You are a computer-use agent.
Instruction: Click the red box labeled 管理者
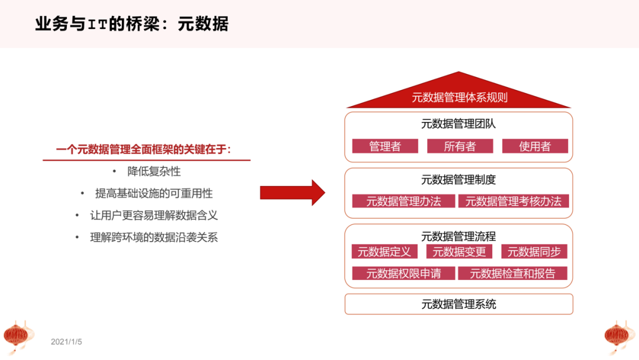[x=385, y=146]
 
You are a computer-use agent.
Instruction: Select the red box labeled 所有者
[x=460, y=146]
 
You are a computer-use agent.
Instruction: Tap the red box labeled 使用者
[x=535, y=146]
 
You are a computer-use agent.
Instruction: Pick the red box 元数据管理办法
[x=404, y=201]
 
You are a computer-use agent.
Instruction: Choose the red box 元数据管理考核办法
[x=513, y=201]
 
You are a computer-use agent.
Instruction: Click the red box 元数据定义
[x=384, y=252]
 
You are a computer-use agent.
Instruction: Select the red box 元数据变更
[x=459, y=252]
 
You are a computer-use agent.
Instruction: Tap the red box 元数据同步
[x=534, y=252]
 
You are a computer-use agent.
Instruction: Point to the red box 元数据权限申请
[x=404, y=274]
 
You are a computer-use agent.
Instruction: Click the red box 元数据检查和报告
[x=513, y=274]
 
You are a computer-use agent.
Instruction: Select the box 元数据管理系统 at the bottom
[x=459, y=304]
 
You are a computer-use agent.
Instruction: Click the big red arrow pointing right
[x=292, y=192]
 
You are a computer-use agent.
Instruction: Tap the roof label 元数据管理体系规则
[x=460, y=98]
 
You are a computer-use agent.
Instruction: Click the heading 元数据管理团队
[x=459, y=124]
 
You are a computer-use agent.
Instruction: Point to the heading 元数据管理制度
[x=459, y=180]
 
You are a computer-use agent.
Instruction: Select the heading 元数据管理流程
[x=459, y=236]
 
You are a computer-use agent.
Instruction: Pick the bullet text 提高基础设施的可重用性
[x=154, y=194]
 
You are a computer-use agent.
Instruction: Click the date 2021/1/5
[x=66, y=342]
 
